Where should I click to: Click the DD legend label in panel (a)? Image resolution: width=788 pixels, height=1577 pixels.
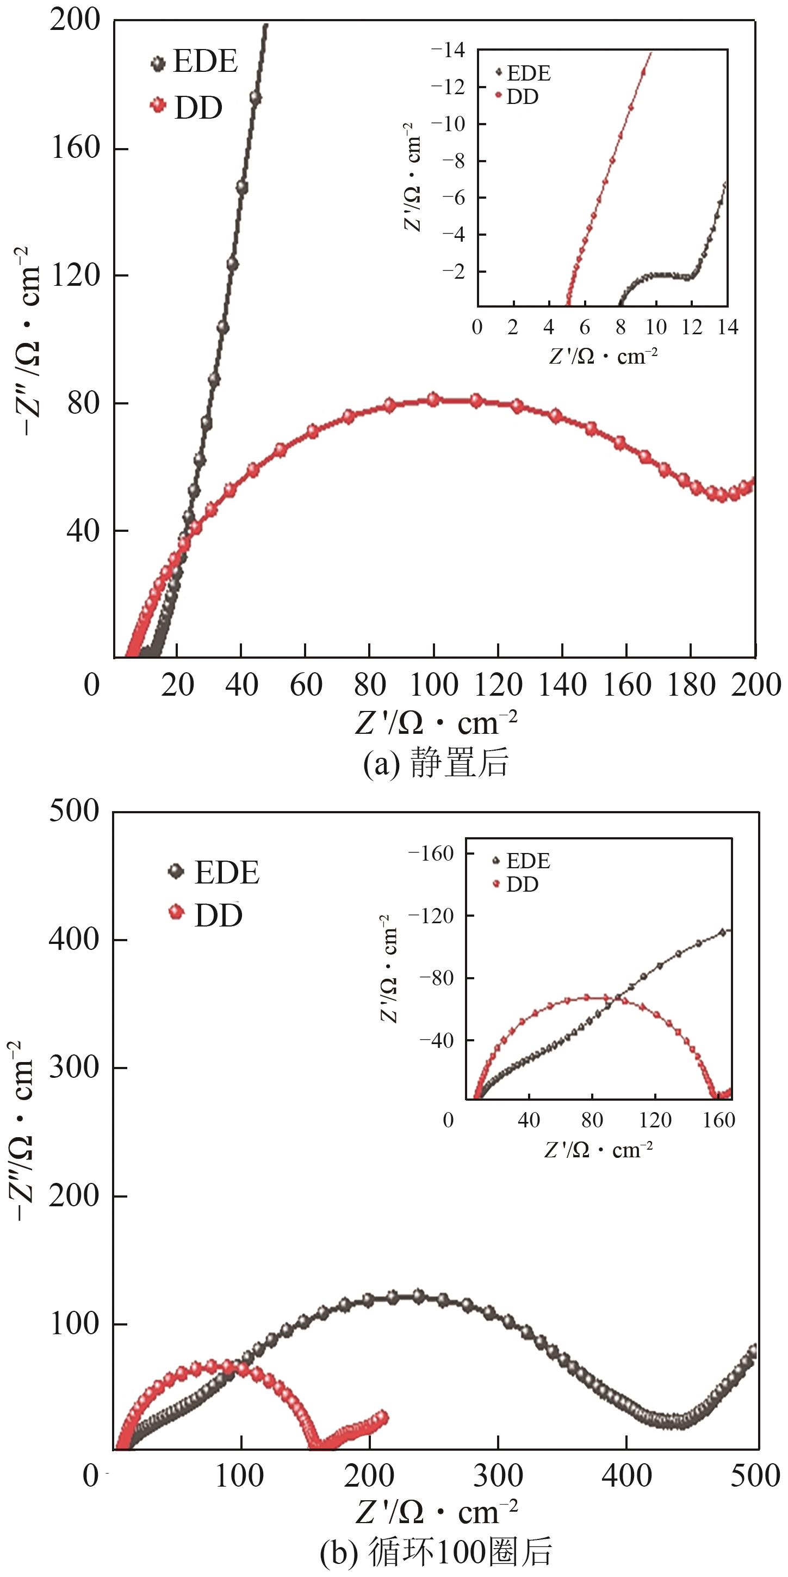point(198,108)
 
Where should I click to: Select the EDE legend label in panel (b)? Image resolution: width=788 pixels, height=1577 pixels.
point(226,873)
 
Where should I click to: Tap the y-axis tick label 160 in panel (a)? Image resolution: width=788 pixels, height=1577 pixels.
point(75,148)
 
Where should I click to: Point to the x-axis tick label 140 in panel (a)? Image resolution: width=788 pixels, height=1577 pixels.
point(562,684)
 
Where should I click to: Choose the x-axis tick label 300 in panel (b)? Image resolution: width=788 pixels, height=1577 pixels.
point(498,1475)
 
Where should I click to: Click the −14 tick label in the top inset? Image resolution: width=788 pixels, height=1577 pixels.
point(448,50)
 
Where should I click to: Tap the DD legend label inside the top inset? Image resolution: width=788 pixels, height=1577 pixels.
point(523,97)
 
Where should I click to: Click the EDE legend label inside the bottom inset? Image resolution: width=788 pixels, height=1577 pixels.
point(528,861)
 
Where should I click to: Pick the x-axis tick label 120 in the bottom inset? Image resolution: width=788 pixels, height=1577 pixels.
point(655,1120)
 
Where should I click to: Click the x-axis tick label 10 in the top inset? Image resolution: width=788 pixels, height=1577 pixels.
point(656,327)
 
